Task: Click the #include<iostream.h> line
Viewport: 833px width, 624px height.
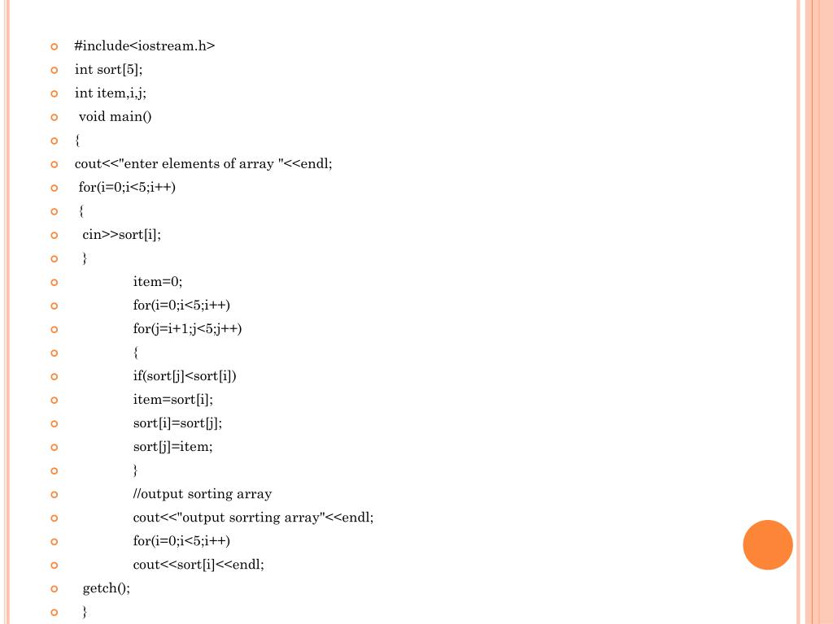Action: tap(145, 46)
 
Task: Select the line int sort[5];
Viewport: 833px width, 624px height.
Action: tap(108, 70)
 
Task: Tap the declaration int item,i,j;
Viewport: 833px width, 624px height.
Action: tap(111, 93)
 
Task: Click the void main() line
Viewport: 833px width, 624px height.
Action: tap(116, 117)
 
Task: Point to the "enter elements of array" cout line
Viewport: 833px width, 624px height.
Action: tap(203, 164)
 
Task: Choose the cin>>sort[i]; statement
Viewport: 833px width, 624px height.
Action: tap(122, 235)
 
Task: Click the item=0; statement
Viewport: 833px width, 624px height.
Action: tap(158, 282)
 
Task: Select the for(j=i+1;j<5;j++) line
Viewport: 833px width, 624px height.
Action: tap(188, 329)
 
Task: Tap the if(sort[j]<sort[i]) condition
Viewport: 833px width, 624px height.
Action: tap(185, 376)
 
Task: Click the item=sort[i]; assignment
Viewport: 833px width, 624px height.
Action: tap(173, 400)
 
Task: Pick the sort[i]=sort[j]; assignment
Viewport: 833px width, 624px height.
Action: tap(177, 423)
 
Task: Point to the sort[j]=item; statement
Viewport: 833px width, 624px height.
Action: tap(173, 447)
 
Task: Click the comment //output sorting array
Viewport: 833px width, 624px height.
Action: tap(203, 494)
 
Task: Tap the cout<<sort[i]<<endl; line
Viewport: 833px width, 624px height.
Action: tap(198, 565)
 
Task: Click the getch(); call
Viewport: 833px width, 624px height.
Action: tap(107, 588)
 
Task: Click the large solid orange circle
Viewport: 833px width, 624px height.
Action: tap(768, 545)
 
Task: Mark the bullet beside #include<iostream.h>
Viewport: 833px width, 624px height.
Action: tap(55, 47)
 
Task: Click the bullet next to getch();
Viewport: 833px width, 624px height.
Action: tap(55, 589)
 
